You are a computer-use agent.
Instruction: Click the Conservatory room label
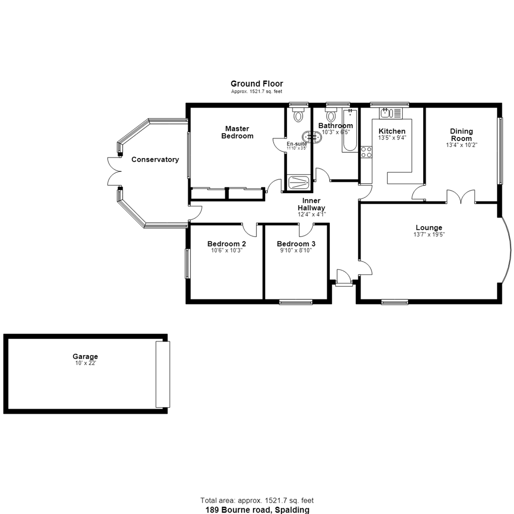tap(155, 159)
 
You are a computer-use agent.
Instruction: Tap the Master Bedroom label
tap(237, 132)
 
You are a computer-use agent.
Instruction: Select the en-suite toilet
tap(298, 116)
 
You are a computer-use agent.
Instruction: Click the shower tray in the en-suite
tap(298, 183)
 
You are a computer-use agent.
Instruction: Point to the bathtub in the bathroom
tap(350, 130)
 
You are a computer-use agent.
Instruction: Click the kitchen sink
tap(390, 113)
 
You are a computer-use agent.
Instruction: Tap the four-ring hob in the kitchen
tap(366, 152)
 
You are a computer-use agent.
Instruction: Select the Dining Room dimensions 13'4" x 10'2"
tap(462, 145)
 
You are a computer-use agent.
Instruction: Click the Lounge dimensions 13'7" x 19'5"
tap(429, 234)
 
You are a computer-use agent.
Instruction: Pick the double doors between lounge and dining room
tap(461, 197)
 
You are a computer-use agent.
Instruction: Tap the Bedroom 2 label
tap(227, 244)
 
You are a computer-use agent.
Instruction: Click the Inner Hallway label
tap(311, 204)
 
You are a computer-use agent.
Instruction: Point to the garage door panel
tap(163, 374)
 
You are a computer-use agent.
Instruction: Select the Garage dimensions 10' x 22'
tap(85, 363)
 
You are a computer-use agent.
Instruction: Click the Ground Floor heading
tap(257, 84)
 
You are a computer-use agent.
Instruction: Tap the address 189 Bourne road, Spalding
tap(257, 510)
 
